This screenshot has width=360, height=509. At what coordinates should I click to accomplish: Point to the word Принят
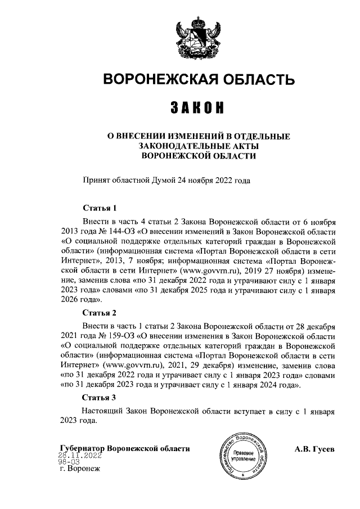pos(97,181)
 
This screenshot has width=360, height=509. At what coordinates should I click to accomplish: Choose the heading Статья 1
pos(99,208)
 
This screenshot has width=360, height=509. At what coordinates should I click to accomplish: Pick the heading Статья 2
pos(99,312)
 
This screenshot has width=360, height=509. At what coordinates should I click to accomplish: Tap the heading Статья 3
pos(99,397)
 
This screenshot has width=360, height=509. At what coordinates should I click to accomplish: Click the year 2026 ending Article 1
pos(70,301)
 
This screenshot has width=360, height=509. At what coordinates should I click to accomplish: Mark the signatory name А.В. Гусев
pos(314,449)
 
